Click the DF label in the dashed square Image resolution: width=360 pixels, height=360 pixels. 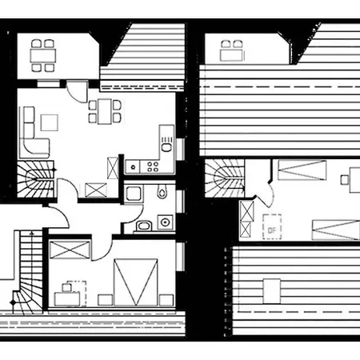tap(272, 230)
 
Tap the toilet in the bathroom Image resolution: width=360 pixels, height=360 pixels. tap(162, 191)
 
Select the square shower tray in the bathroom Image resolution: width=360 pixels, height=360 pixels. tap(134, 194)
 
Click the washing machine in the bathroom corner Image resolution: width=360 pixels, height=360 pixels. tap(165, 222)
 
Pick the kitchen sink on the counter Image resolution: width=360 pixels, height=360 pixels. tap(166, 145)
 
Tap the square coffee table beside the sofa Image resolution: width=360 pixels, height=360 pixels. tap(50, 122)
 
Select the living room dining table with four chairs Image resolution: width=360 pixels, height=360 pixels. tap(105, 111)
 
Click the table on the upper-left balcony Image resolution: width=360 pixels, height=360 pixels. tap(43, 55)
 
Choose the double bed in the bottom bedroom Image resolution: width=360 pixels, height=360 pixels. tap(136, 282)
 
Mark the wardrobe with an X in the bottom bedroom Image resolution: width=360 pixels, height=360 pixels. tap(70, 250)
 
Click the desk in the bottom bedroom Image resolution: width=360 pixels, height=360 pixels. tap(67, 299)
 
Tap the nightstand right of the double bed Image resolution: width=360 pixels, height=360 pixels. tap(166, 300)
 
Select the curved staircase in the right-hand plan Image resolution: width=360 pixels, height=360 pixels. tap(225, 178)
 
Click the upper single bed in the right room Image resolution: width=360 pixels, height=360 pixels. tap(302, 170)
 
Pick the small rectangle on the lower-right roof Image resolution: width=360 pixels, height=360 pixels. tap(272, 291)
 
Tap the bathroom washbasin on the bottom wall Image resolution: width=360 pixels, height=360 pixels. tap(144, 226)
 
